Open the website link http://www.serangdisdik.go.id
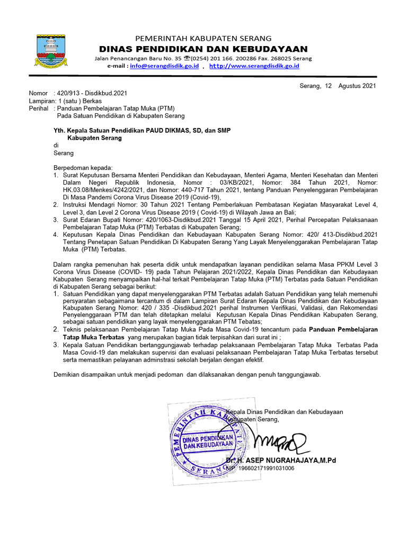254,66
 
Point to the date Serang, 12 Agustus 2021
338,85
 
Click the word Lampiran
42,101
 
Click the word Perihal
40,108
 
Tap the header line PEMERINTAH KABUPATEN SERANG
203,38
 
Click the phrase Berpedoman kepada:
80,168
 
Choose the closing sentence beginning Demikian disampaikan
187,375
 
